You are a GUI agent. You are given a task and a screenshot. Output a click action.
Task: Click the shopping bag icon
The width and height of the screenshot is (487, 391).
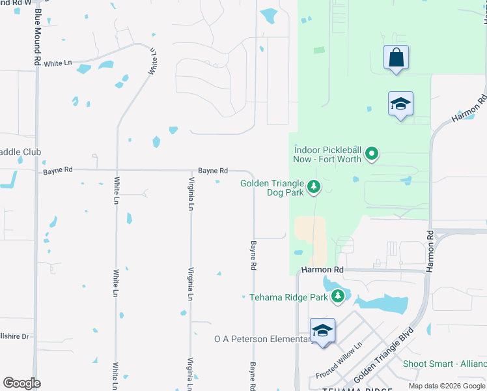point(396,58)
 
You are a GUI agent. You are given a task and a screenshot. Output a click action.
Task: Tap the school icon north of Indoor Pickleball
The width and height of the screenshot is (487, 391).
point(400,104)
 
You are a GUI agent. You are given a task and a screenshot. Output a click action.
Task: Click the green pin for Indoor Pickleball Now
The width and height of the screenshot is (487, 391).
point(372,154)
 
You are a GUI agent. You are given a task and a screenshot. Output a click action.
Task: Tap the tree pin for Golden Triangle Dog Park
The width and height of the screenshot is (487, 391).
point(314,188)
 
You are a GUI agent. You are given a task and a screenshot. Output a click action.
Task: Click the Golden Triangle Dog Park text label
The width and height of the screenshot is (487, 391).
point(272,188)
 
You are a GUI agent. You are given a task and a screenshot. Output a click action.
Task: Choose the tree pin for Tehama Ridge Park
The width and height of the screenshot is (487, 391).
point(337,297)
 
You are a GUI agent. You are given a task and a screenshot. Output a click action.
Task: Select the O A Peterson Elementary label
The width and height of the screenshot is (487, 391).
point(264,339)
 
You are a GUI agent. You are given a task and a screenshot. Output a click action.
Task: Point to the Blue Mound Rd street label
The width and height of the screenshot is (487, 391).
point(36,39)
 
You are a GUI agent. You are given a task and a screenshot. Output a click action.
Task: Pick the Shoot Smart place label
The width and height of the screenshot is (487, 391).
point(444,364)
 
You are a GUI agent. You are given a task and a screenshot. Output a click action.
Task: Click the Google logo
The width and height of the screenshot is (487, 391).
point(21,383)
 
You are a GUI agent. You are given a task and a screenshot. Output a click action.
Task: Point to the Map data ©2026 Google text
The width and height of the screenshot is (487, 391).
point(447,386)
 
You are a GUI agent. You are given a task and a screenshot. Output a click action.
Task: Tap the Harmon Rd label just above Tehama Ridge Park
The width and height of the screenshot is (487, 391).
point(322,269)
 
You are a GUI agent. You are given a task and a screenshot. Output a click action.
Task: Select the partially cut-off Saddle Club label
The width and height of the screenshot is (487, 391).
point(20,152)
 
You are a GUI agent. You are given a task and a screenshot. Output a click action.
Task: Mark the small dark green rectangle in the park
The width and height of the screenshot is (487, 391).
point(318,50)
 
